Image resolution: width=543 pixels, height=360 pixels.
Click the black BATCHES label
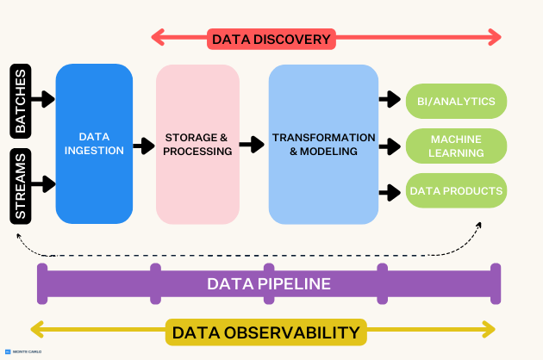click(21, 100)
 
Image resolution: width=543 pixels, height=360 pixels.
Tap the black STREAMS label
click(21, 186)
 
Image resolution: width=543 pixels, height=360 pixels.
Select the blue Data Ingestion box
click(94, 143)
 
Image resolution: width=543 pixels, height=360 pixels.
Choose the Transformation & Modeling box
click(323, 144)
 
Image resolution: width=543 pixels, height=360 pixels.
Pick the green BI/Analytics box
click(456, 102)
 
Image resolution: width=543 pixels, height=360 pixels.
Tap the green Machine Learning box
click(456, 146)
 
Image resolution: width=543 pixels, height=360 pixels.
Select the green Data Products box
click(456, 190)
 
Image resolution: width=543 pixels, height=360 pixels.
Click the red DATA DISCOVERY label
click(271, 39)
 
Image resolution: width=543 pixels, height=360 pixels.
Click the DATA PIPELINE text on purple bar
click(269, 283)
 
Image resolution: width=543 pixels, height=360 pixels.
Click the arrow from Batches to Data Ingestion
click(43, 100)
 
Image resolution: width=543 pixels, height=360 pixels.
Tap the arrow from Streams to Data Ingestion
click(43, 184)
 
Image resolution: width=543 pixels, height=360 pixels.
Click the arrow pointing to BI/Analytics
click(391, 100)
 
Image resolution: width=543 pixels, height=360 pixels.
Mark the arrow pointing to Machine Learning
click(391, 145)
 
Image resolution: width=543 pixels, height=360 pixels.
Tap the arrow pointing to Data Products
click(391, 189)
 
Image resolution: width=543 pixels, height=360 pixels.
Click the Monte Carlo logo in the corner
click(22, 352)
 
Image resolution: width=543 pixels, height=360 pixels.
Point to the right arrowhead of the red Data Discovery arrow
click(494, 37)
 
